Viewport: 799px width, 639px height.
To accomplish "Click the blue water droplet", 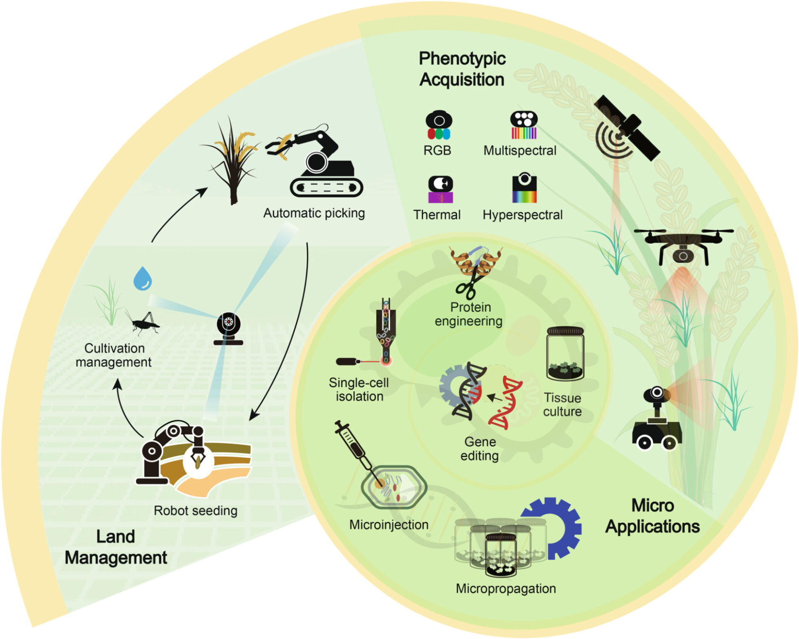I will (x=143, y=279).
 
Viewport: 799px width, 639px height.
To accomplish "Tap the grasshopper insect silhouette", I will (x=144, y=323).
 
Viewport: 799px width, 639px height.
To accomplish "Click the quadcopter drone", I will (x=683, y=245).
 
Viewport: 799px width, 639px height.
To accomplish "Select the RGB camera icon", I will (x=438, y=125).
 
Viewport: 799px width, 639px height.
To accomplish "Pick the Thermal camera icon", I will (x=440, y=189).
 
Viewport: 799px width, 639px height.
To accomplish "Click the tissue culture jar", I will (x=565, y=353).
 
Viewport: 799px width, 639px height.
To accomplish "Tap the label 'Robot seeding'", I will (x=195, y=510).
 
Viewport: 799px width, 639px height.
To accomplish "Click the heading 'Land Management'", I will (x=116, y=547).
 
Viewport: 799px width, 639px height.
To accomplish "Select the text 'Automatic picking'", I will (x=314, y=213).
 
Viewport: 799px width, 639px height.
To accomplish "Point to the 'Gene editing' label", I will (x=480, y=448).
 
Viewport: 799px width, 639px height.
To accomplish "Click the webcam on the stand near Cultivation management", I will (x=228, y=328).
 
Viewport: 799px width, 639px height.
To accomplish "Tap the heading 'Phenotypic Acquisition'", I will (x=462, y=69).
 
